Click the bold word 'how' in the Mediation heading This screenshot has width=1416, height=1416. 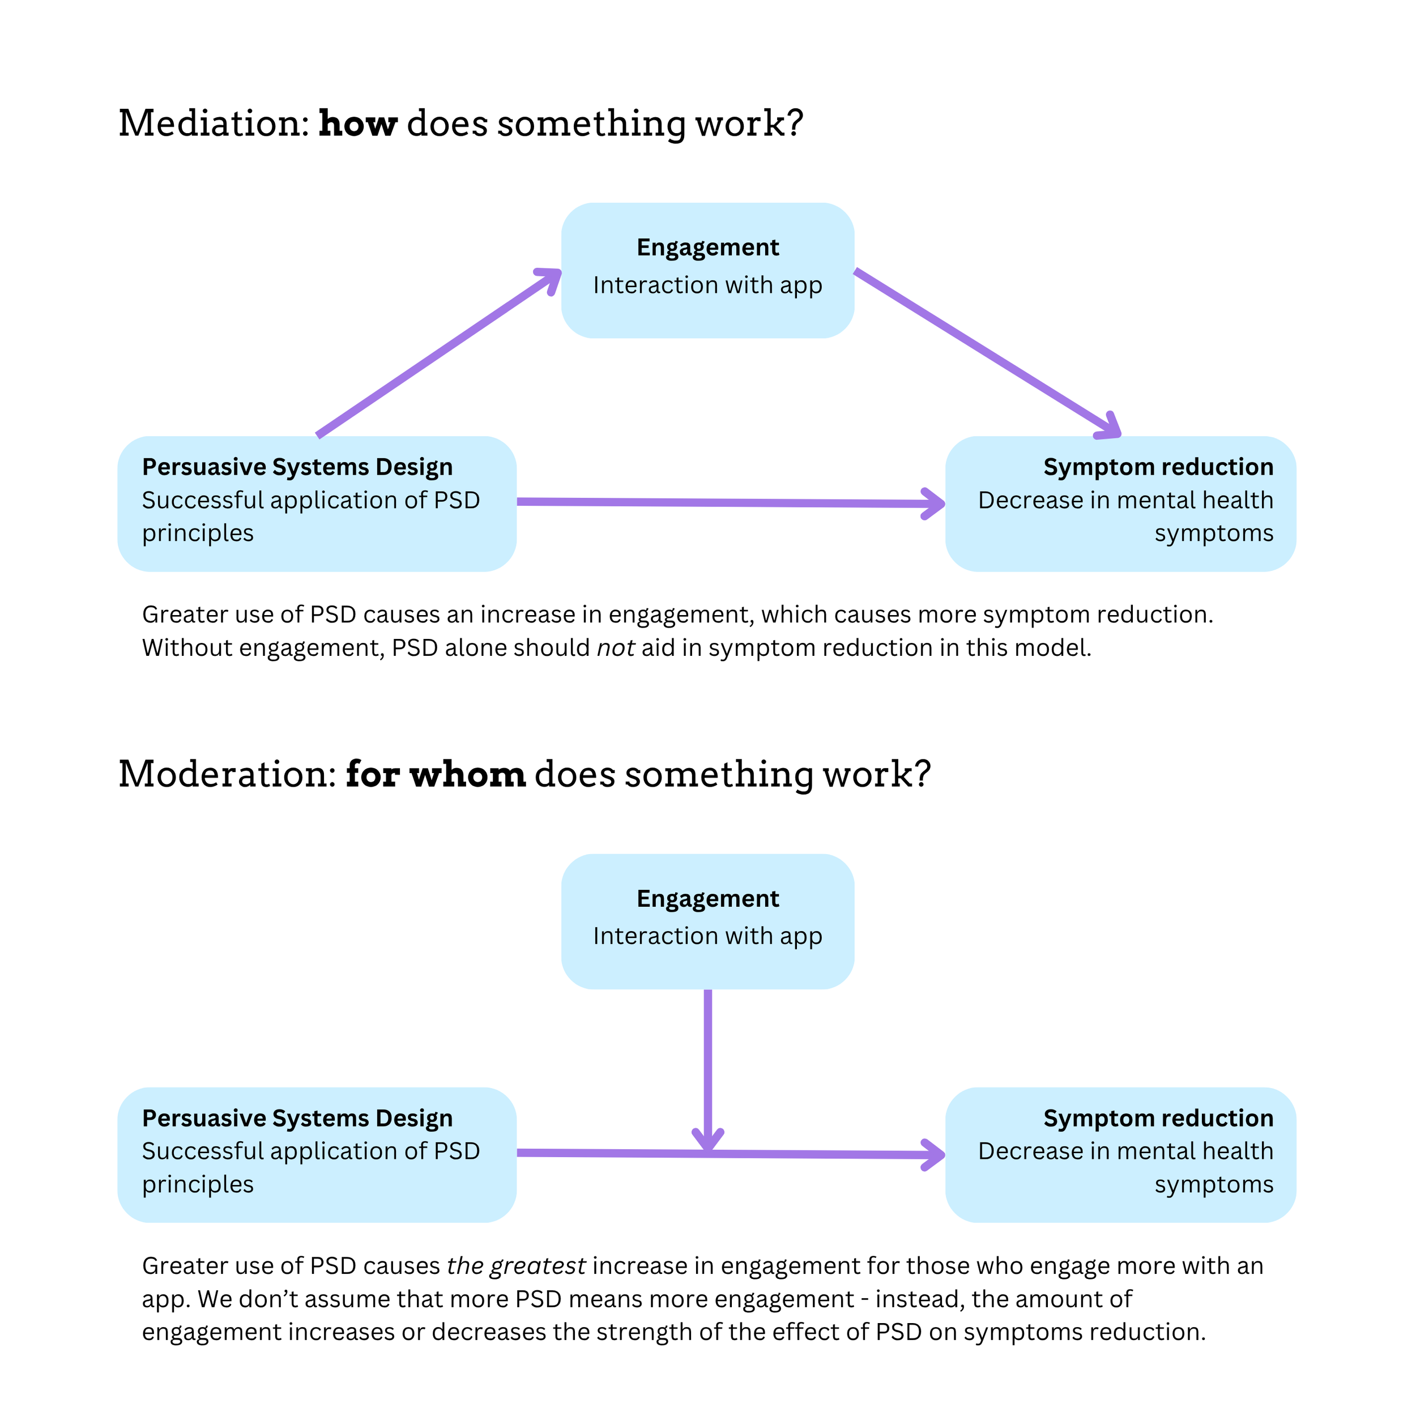click(x=357, y=123)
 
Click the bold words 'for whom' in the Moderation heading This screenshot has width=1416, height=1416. click(x=436, y=775)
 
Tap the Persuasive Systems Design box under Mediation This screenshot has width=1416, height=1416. click(x=317, y=504)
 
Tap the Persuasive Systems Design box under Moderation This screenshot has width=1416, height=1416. click(x=317, y=1154)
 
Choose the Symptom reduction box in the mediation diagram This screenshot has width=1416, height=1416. click(x=1120, y=504)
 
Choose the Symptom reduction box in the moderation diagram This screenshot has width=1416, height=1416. click(x=1120, y=1154)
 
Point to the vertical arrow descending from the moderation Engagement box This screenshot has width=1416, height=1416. click(x=708, y=1063)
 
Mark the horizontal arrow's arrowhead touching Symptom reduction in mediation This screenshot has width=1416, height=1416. click(x=934, y=504)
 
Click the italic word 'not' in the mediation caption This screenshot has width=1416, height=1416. click(x=615, y=648)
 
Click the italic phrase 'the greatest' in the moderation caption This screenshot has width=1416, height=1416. click(x=516, y=1266)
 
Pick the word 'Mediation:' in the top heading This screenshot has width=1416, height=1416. click(x=214, y=123)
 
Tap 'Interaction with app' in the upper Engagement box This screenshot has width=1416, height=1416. click(x=707, y=284)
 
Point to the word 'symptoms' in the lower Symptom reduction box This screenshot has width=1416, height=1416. click(x=1214, y=1184)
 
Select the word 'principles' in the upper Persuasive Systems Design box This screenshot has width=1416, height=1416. click(x=198, y=533)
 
